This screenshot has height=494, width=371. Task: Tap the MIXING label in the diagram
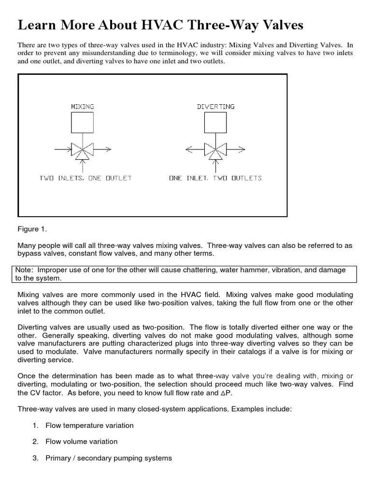coord(82,106)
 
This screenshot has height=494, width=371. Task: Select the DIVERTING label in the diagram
coord(215,106)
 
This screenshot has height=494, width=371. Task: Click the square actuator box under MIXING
coord(82,122)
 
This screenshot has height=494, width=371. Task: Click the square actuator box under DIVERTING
coord(215,122)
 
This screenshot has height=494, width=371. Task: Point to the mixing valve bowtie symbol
coord(83,150)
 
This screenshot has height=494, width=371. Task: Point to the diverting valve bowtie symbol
coord(215,150)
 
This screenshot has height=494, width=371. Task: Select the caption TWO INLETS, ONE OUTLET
coord(85,178)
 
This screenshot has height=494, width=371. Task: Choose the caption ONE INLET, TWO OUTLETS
coord(215,178)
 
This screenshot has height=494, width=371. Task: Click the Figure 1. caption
coord(32,229)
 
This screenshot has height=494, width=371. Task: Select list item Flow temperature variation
coord(89,425)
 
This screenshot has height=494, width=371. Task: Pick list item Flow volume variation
coord(81,441)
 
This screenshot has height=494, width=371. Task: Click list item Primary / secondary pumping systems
coord(108,458)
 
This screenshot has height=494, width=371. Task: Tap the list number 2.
coord(35,441)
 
